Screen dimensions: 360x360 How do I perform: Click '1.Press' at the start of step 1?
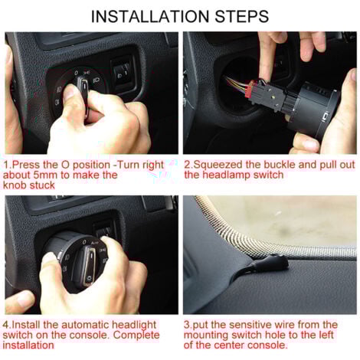[22, 164]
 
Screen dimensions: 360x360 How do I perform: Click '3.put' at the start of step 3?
[198, 325]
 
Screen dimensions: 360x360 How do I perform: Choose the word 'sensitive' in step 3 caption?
[257, 325]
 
